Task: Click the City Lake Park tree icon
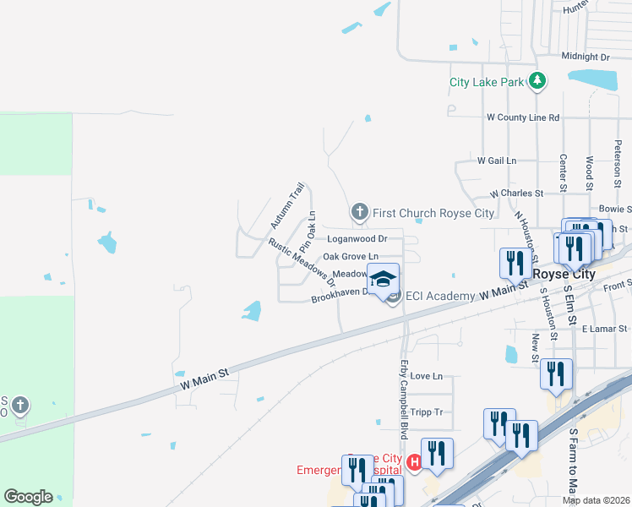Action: (x=537, y=82)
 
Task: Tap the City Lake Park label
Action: (x=487, y=83)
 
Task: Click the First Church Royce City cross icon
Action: (x=359, y=212)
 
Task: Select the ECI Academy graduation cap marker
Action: (x=383, y=279)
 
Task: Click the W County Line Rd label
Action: (x=523, y=117)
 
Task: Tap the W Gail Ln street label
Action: (x=496, y=160)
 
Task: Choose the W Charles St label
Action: (x=522, y=194)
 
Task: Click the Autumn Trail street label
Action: (x=286, y=205)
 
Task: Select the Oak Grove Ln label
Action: (x=350, y=256)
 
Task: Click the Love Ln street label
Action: (x=426, y=376)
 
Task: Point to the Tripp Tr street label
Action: (x=426, y=412)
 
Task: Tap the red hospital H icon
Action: (x=414, y=462)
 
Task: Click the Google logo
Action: (x=28, y=497)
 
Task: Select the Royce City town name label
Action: (x=564, y=275)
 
